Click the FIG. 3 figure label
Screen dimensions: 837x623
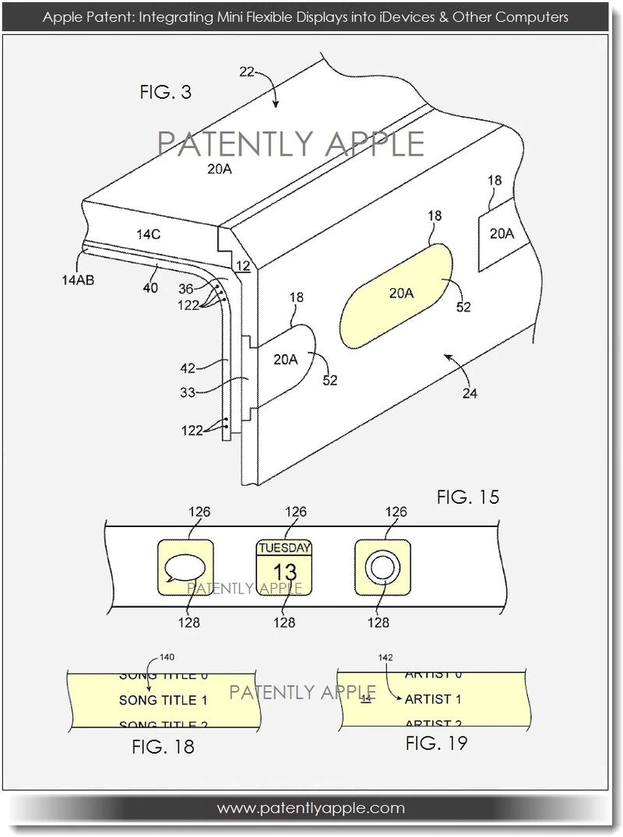click(x=165, y=93)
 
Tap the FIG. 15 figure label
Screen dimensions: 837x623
click(x=468, y=497)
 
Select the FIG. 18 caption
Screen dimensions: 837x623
click(x=163, y=747)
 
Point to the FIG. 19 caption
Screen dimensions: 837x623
click(x=436, y=743)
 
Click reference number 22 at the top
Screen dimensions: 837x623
click(x=248, y=71)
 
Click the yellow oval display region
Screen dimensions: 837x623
click(x=401, y=294)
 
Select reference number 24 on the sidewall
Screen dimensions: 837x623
click(x=469, y=393)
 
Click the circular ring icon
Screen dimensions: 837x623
click(x=382, y=567)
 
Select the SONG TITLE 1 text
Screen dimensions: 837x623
click(x=164, y=700)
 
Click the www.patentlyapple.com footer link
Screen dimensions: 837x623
click(x=311, y=807)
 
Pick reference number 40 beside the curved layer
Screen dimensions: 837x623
click(x=150, y=288)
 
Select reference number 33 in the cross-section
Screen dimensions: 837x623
click(x=188, y=394)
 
